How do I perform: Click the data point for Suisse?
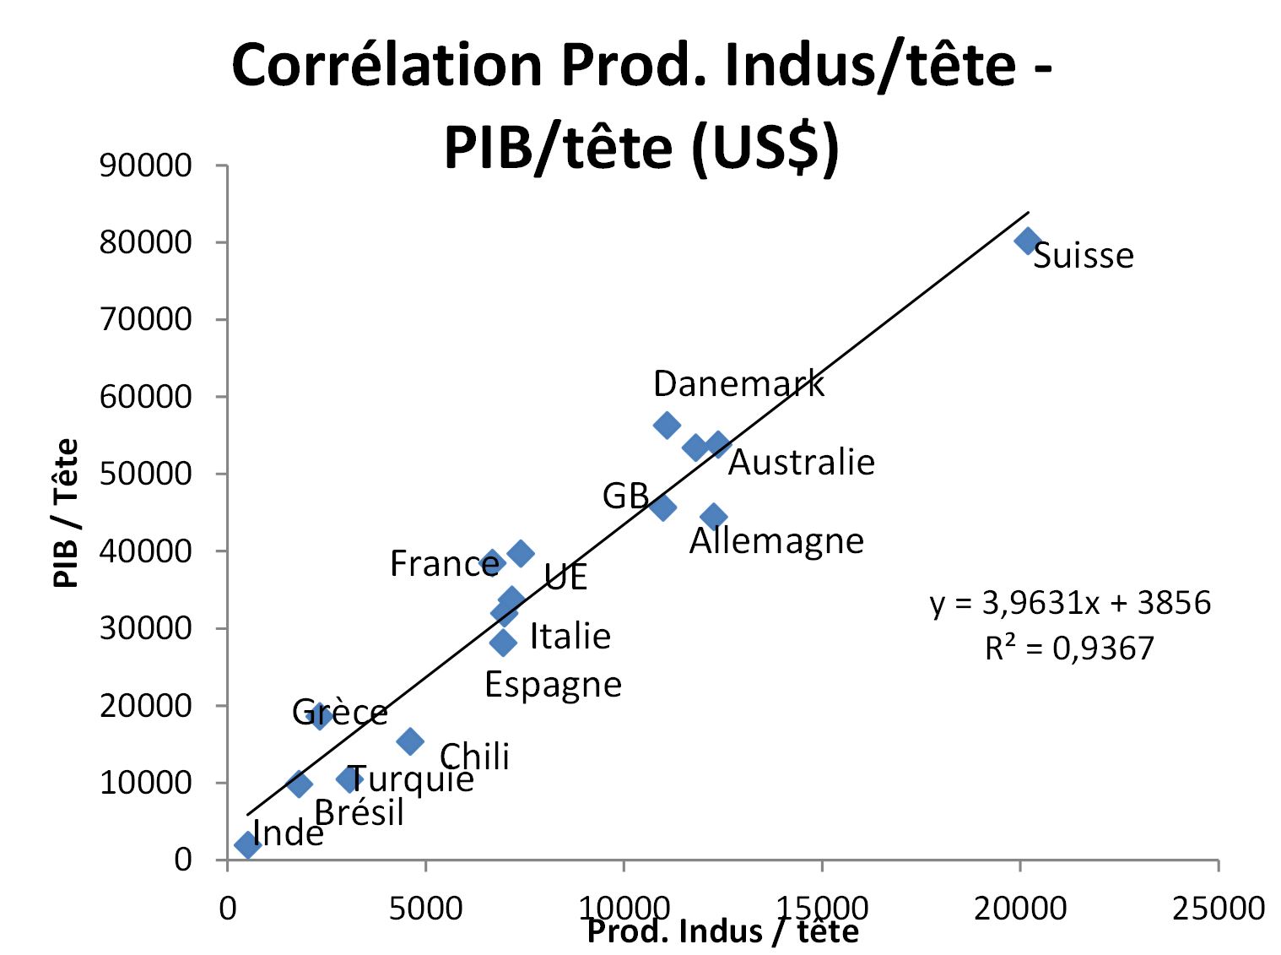click(1027, 241)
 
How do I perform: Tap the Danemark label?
click(738, 383)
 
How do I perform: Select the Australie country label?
click(801, 462)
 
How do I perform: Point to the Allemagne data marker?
click(714, 516)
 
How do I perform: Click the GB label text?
click(625, 496)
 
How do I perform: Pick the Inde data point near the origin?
click(247, 844)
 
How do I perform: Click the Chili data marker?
click(410, 741)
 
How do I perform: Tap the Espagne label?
click(553, 684)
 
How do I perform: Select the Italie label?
click(570, 636)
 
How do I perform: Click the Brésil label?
click(359, 812)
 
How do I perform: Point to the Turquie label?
click(411, 778)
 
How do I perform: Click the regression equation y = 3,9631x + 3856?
click(1070, 603)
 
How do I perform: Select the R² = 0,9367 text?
click(1068, 648)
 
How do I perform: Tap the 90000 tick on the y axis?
click(145, 165)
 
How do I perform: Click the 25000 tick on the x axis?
click(1218, 908)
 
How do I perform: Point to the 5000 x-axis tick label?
click(425, 908)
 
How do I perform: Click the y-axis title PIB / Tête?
click(66, 513)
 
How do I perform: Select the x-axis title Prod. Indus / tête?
click(722, 931)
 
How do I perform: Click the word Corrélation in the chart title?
click(386, 65)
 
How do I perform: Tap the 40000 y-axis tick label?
click(145, 551)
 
